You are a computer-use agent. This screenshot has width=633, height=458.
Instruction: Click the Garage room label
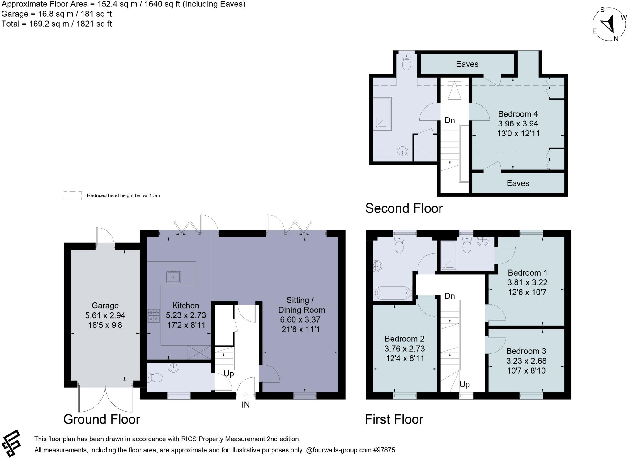tap(105, 306)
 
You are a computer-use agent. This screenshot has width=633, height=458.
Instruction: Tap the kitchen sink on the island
tap(174, 276)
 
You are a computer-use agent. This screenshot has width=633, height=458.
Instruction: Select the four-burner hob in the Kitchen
tap(154, 316)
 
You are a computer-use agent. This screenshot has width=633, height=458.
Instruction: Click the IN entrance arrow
tap(245, 396)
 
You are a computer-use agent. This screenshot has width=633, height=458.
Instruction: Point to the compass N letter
tap(616, 39)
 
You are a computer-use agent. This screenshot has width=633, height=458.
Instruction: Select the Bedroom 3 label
tap(526, 351)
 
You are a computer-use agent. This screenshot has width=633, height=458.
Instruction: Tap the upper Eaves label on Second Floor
tap(467, 64)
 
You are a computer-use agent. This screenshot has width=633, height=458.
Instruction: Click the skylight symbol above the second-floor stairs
tap(454, 90)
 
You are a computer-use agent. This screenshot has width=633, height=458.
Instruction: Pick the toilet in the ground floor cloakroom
tap(155, 378)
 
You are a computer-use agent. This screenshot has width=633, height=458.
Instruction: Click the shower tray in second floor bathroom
tap(382, 113)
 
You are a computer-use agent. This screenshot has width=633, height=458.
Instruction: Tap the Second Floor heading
tap(404, 208)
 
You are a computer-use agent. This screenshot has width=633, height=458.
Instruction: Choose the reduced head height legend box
tap(73, 195)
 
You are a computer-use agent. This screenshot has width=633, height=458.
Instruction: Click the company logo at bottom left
tap(11, 443)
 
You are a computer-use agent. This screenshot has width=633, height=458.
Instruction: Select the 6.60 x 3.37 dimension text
tap(300, 319)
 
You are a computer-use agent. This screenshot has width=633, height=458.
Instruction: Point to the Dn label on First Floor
tap(449, 296)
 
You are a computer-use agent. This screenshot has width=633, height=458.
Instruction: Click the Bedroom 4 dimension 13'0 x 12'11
tap(518, 133)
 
